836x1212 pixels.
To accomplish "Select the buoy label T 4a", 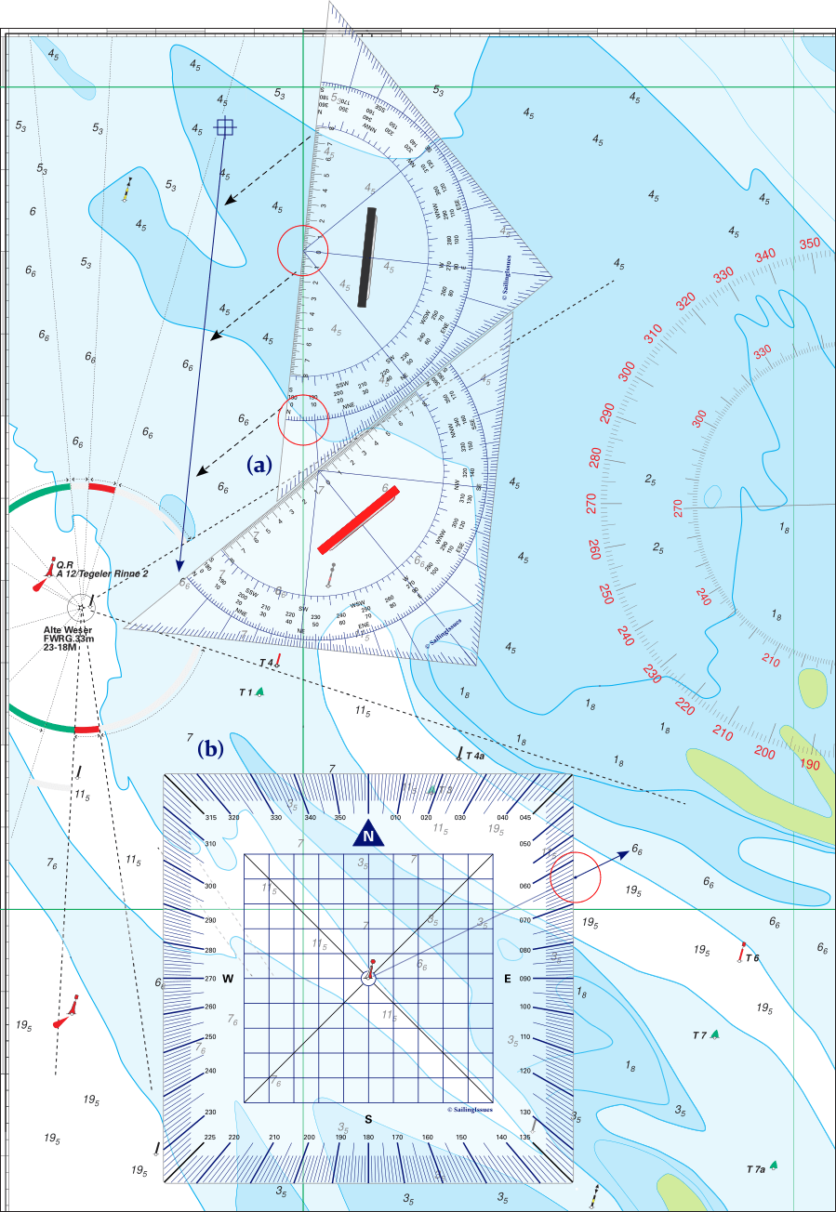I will click(x=474, y=757).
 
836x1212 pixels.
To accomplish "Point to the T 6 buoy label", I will click(x=751, y=957).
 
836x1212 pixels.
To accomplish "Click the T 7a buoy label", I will click(x=756, y=1168).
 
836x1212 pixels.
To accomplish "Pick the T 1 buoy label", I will click(x=246, y=692).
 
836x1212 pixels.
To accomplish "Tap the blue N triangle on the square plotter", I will click(x=370, y=835).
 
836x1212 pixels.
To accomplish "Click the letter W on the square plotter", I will click(x=227, y=979).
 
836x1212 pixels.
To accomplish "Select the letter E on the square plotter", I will click(x=508, y=979).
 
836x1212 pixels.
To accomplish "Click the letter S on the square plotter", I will click(x=369, y=1118).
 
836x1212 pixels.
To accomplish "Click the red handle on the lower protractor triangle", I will click(x=358, y=519).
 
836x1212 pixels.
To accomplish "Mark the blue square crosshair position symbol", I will click(x=224, y=127).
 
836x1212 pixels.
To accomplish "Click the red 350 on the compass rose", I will click(x=810, y=244).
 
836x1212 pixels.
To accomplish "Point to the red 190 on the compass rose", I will click(x=809, y=765).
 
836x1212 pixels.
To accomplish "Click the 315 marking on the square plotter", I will click(x=211, y=818).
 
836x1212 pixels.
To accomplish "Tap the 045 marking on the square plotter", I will click(x=527, y=818).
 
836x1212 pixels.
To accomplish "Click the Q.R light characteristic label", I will click(x=64, y=564).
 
